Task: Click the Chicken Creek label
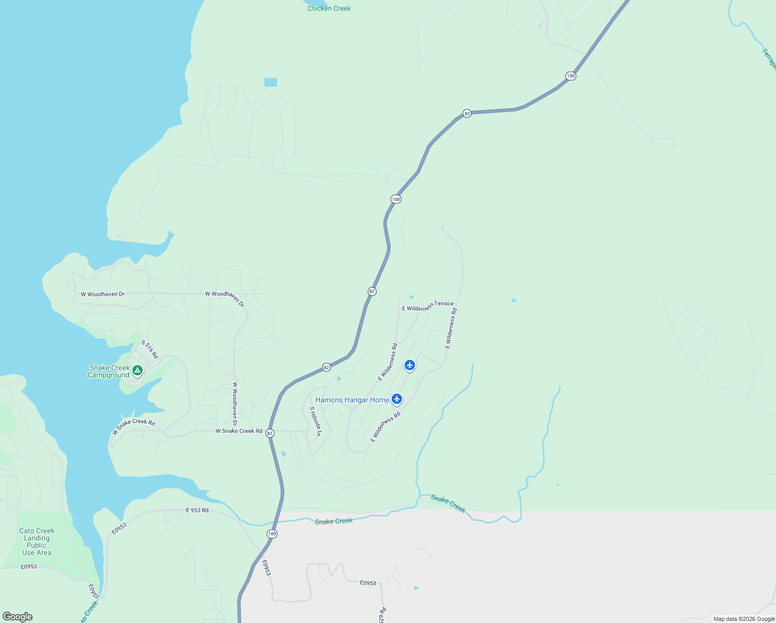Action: pos(329,8)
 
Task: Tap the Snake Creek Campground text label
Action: pos(109,371)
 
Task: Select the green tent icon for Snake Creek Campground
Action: pos(137,370)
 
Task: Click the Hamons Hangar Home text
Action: pos(352,400)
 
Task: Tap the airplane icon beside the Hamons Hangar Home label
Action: pos(397,399)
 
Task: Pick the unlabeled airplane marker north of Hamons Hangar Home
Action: pos(410,365)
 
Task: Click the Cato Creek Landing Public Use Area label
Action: pos(37,541)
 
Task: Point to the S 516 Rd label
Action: pos(149,349)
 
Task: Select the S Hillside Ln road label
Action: pos(316,421)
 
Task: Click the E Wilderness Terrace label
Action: pos(427,306)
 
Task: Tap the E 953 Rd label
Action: pos(197,510)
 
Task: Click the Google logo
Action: pos(18,617)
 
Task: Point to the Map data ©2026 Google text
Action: pos(744,619)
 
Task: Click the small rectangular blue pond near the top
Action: pos(270,82)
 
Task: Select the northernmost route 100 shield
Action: pos(571,76)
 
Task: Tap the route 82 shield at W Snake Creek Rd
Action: pos(270,433)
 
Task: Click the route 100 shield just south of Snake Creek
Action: pos(272,534)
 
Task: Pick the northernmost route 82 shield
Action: pos(467,114)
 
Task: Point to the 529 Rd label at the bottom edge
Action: pos(382,615)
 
